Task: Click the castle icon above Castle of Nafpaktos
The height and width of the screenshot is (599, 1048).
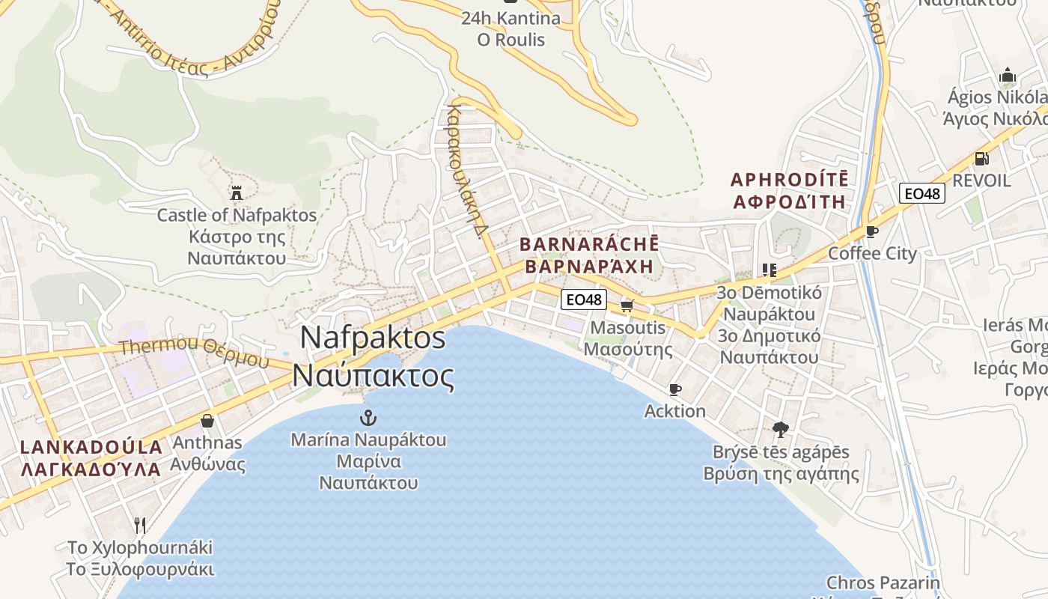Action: coord(237,193)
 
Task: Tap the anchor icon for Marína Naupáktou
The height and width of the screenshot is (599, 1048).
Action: coord(368,418)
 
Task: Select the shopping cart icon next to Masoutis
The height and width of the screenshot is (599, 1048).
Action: coord(627,305)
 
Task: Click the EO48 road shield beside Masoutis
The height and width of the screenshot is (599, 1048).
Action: coord(583,299)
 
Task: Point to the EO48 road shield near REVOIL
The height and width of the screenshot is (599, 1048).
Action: coord(922,194)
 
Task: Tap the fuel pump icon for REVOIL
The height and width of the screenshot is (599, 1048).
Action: coord(981,158)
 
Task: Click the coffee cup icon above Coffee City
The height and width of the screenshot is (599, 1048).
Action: coord(871,231)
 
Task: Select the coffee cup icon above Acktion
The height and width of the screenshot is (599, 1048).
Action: coord(674,389)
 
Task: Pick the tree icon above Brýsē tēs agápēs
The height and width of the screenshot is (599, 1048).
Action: coord(780,430)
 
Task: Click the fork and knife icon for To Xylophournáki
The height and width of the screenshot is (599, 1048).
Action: coord(140,524)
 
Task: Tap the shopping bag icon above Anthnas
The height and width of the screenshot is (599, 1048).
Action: coord(207,421)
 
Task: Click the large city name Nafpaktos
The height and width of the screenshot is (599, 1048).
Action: coord(373,338)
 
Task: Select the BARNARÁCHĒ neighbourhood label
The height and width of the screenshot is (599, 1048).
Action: coord(589,245)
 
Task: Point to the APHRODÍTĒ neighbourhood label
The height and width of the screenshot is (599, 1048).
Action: coord(789,180)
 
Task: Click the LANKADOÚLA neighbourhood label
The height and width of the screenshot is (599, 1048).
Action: coord(91,448)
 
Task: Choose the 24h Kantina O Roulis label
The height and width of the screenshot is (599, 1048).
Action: coord(511,28)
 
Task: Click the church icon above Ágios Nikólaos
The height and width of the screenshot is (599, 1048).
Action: coord(1008,76)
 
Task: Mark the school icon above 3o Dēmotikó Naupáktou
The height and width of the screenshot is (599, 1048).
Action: coord(769,270)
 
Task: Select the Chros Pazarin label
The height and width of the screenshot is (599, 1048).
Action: coord(883,583)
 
